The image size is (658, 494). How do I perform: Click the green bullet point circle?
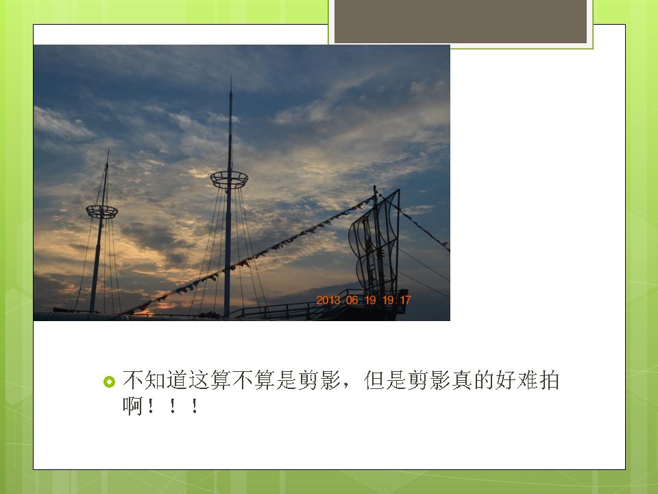click(109, 381)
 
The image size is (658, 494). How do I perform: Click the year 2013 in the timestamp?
click(328, 301)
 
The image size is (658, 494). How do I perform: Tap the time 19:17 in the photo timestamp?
click(397, 301)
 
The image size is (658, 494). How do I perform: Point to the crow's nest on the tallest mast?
click(229, 180)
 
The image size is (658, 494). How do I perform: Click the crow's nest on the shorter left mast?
click(102, 212)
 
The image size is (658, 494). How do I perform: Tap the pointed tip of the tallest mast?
click(231, 78)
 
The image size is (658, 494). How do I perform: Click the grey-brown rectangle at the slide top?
click(461, 21)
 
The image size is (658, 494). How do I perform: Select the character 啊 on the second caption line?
click(132, 406)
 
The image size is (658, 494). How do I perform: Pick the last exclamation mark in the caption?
click(194, 407)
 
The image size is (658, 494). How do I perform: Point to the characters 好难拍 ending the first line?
click(527, 380)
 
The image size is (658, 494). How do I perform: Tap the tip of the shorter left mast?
click(108, 150)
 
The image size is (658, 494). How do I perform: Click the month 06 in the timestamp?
click(352, 301)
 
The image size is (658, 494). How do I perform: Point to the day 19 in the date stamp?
click(371, 301)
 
